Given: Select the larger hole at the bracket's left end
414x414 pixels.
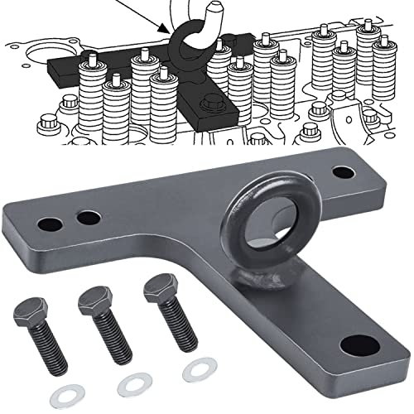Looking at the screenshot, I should click(50, 224).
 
